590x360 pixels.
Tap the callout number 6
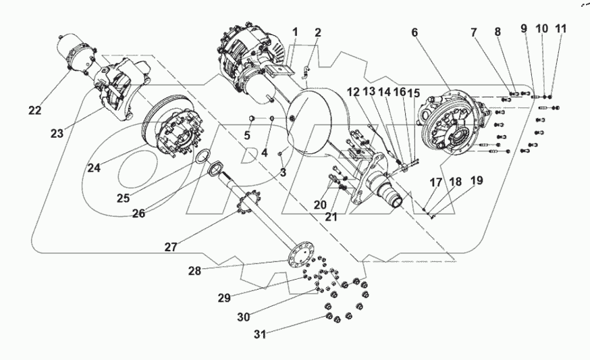414,32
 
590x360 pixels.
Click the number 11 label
560,29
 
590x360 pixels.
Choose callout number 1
294,32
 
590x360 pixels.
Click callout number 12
354,92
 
